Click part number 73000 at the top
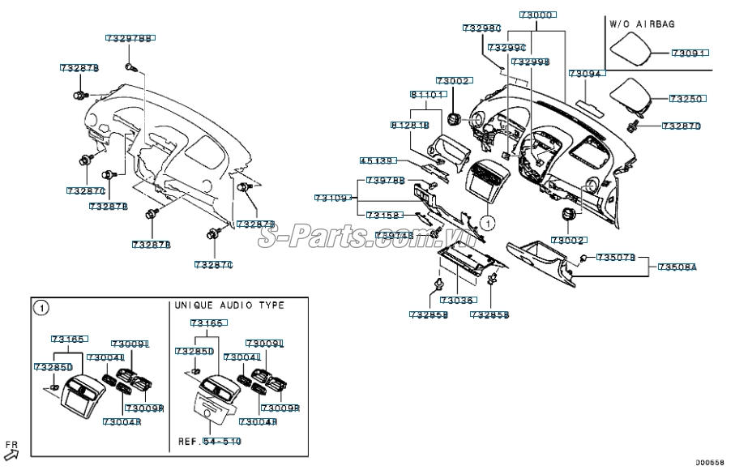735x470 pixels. pos(536,15)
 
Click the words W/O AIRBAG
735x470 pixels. pos(642,25)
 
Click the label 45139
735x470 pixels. pos(377,161)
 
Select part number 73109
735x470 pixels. pos(333,199)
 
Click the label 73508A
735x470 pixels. pos(677,267)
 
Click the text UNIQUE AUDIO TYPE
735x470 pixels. pos(229,305)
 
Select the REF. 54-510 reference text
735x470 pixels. pos(209,442)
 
